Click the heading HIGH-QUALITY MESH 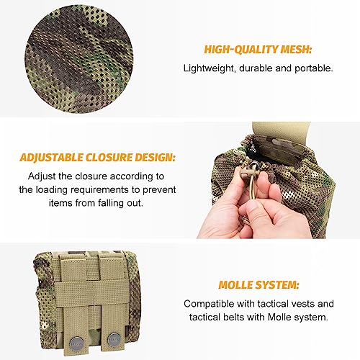(258, 50)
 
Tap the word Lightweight (208, 68)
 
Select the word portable (314, 68)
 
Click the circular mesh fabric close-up (79, 59)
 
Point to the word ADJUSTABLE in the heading (52, 158)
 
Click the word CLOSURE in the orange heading (109, 158)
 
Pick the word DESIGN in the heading (155, 158)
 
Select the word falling (111, 203)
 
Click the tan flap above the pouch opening (281, 131)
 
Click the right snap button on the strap (114, 339)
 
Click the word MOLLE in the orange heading (235, 285)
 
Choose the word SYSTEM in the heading (277, 285)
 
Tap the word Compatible (209, 304)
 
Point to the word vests (303, 304)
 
